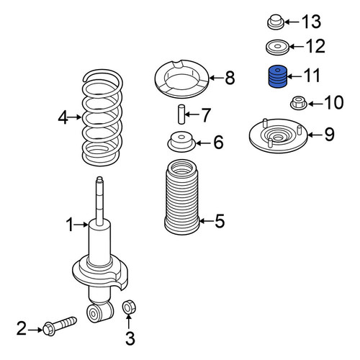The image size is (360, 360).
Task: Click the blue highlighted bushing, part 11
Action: (x=277, y=76)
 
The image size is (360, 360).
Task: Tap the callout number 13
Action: (x=311, y=22)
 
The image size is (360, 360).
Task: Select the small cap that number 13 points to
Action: (x=276, y=22)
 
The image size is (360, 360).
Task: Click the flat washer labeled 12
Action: (x=277, y=47)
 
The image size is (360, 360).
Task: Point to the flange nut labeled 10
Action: (x=299, y=102)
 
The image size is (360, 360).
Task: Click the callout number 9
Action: (x=329, y=135)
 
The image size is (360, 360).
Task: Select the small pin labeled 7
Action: (x=181, y=114)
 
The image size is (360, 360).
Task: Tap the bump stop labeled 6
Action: (x=181, y=142)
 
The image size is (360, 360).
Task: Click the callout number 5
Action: (x=220, y=221)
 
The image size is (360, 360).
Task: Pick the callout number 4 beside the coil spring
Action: (x=63, y=117)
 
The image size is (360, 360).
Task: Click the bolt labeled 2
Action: (x=60, y=325)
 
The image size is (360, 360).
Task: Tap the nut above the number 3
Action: (x=129, y=307)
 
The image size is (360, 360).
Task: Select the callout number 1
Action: (x=70, y=225)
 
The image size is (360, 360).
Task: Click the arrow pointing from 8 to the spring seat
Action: (x=216, y=78)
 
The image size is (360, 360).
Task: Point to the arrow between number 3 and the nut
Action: (x=129, y=322)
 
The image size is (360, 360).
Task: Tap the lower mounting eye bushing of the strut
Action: (x=94, y=312)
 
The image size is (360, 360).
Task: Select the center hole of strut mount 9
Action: (x=278, y=138)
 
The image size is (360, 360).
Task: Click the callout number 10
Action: (x=334, y=102)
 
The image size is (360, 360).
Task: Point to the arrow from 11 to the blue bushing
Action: (x=294, y=77)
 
